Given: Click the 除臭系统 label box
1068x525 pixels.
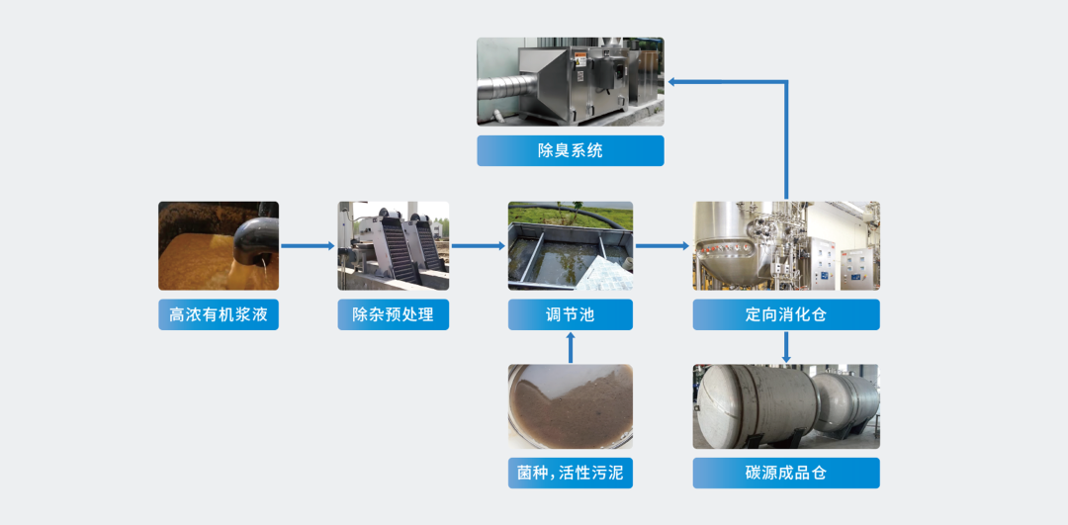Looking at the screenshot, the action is (x=571, y=150).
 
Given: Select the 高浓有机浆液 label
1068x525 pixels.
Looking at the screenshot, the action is (x=219, y=314).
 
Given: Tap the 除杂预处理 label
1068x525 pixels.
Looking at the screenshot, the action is (x=393, y=314).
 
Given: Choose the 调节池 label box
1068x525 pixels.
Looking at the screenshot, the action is (x=571, y=314).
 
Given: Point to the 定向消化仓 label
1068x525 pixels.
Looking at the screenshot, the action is (x=786, y=314).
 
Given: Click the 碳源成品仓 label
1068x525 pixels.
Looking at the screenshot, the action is (x=786, y=474).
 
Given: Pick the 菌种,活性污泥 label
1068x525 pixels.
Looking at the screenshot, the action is (x=571, y=474).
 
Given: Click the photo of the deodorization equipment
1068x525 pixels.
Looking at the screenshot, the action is (x=571, y=82).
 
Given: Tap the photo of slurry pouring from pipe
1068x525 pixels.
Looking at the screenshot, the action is (x=219, y=246).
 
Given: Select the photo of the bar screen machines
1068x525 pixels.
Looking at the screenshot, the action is (x=393, y=246).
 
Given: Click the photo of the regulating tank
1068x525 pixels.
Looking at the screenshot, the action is (x=571, y=246).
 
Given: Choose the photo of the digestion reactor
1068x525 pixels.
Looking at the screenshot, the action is (x=786, y=246).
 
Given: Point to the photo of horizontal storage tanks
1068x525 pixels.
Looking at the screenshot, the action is (x=786, y=406).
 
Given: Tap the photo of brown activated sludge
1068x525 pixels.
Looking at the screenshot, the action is (x=571, y=406).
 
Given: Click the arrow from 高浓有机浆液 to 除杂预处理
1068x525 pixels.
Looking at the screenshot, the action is (x=308, y=246).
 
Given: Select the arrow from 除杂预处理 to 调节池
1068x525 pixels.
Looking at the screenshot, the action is (x=479, y=246).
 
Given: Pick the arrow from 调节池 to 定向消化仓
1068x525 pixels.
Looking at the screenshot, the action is (x=663, y=246).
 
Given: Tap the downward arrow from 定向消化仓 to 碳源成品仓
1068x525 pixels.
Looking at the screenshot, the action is (x=786, y=347).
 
